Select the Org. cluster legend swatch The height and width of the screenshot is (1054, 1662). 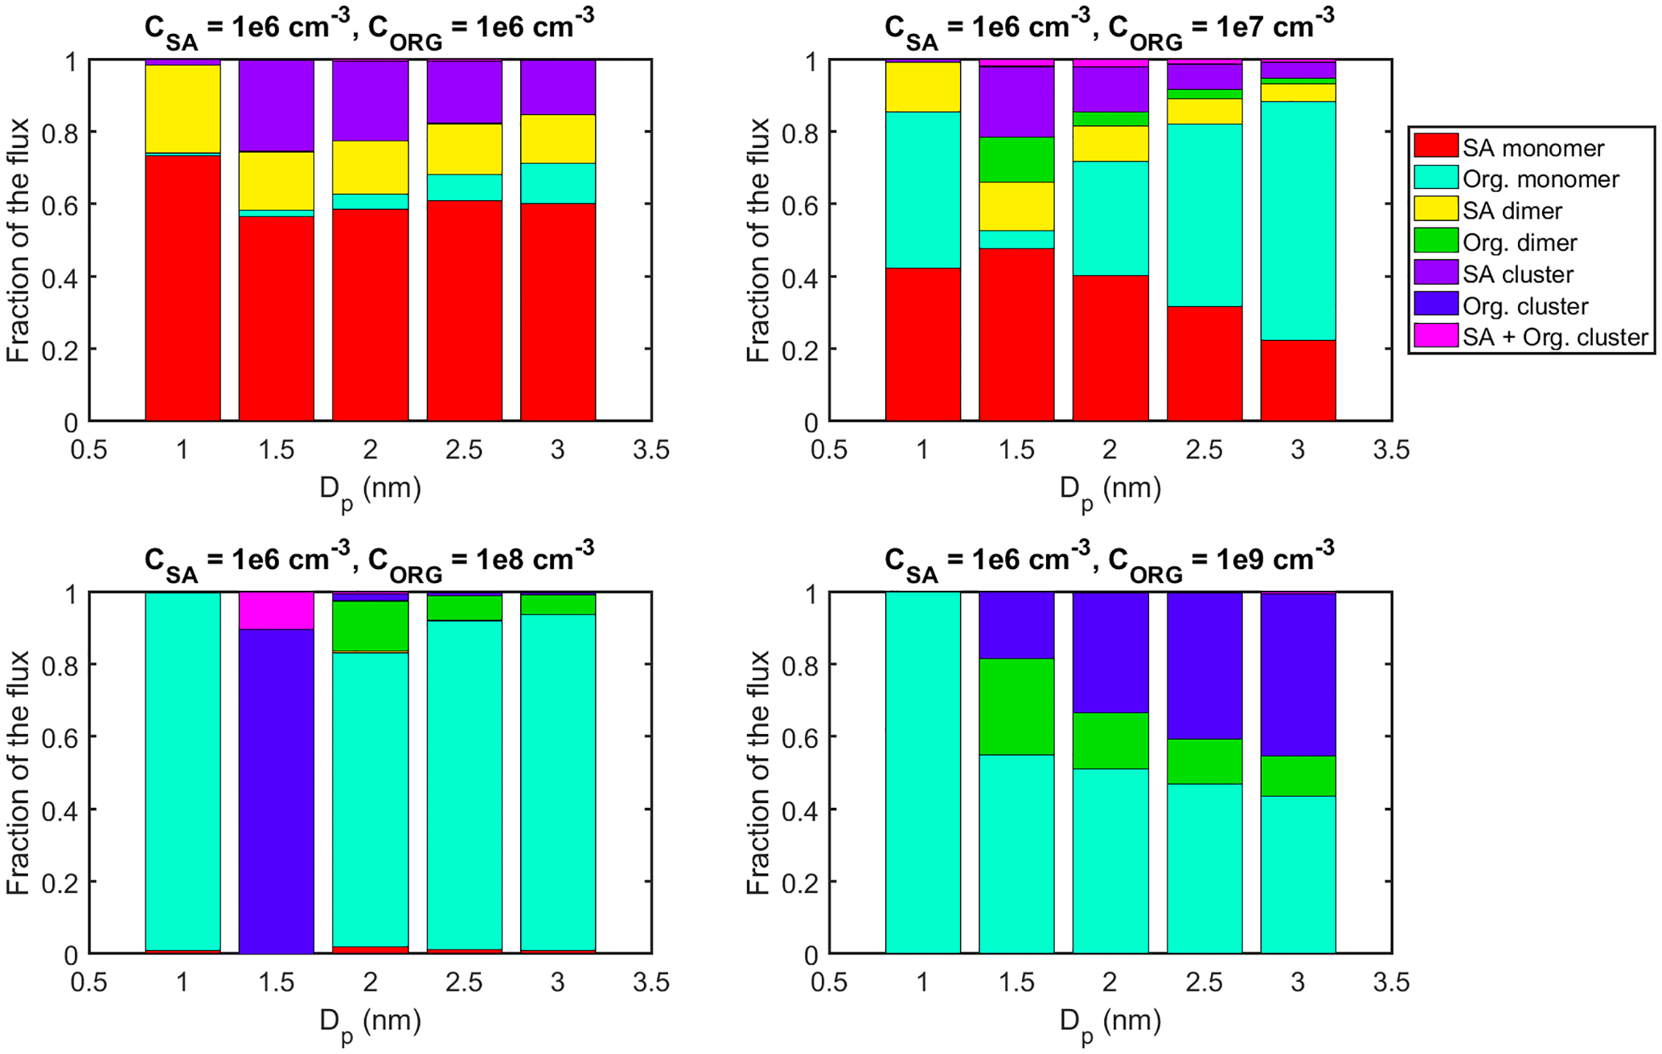click(1436, 305)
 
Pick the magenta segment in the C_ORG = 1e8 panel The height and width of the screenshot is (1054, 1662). click(276, 610)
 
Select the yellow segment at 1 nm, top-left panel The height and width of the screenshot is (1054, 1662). click(183, 109)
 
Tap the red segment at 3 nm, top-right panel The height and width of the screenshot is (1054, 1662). click(1298, 380)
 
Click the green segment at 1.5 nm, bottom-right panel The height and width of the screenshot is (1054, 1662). click(1016, 706)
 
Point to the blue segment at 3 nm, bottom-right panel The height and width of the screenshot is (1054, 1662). click(1298, 675)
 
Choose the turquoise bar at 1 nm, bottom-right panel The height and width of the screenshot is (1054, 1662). click(922, 772)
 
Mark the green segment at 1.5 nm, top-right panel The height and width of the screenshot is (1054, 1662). click(1016, 159)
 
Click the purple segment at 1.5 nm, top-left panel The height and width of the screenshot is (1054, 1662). click(276, 105)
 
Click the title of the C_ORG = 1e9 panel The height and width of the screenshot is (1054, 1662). click(1109, 560)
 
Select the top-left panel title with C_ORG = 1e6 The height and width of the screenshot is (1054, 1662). click(369, 28)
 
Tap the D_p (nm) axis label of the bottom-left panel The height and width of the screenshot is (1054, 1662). click(370, 1023)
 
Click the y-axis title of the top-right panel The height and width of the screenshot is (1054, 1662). click(758, 240)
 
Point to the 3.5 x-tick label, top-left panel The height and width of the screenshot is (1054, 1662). click(650, 449)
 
